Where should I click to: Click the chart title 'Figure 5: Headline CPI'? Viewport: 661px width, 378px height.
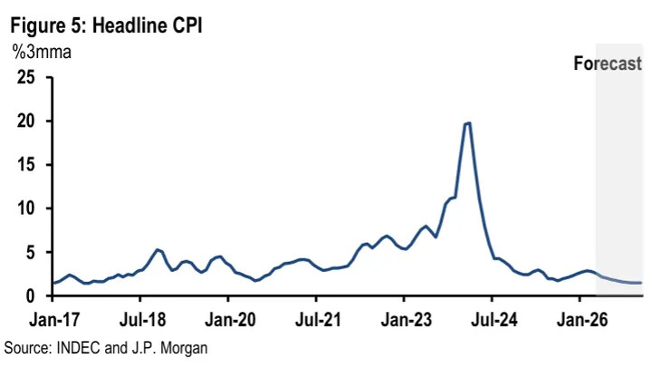pyautogui.click(x=105, y=25)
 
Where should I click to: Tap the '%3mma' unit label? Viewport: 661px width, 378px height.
pyautogui.click(x=42, y=52)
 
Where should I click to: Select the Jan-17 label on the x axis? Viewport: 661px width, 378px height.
pyautogui.click(x=52, y=320)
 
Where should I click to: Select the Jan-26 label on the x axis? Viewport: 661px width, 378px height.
pyautogui.click(x=580, y=320)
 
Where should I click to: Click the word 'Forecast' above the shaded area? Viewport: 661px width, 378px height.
pyautogui.click(x=608, y=63)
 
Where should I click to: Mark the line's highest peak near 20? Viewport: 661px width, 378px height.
pyautogui.click(x=467, y=123)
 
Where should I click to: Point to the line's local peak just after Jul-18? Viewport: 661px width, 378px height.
pyautogui.click(x=158, y=249)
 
